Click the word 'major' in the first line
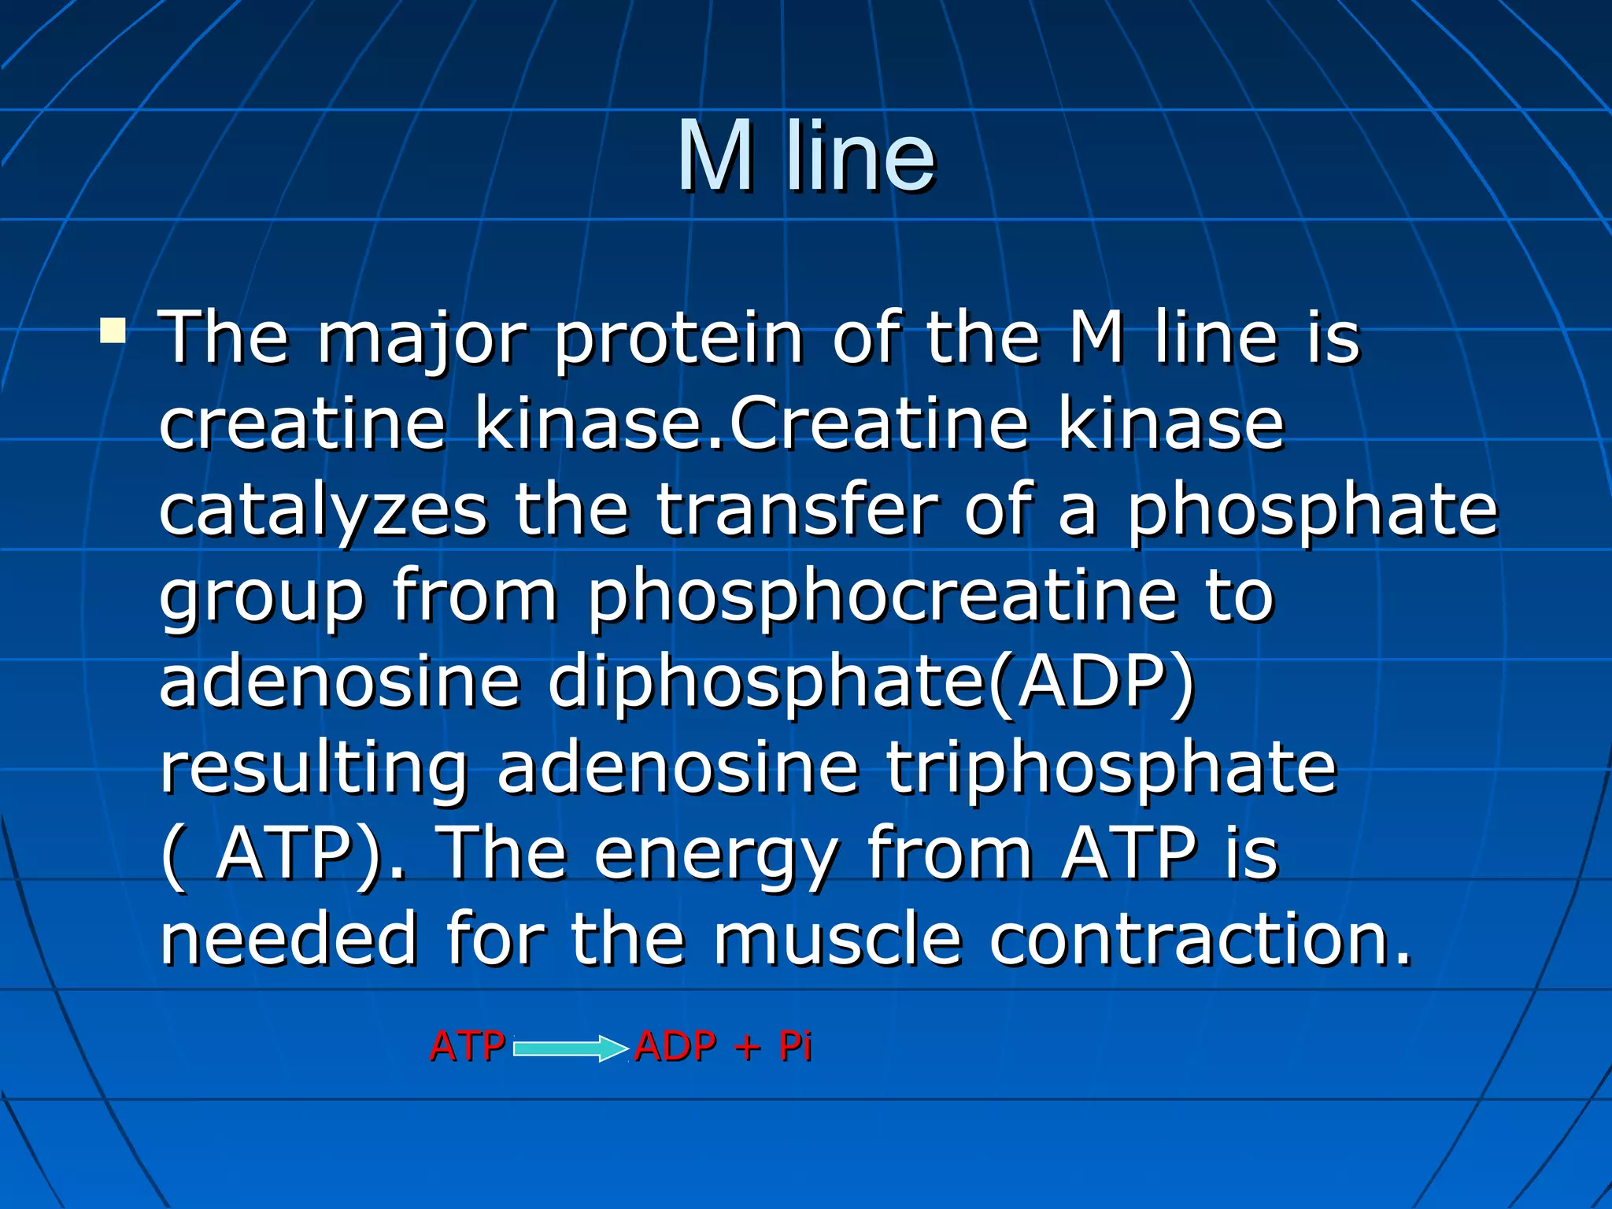[421, 340]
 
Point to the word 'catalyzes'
[323, 512]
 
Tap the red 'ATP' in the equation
[468, 1047]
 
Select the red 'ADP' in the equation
[675, 1047]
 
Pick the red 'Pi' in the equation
[795, 1047]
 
